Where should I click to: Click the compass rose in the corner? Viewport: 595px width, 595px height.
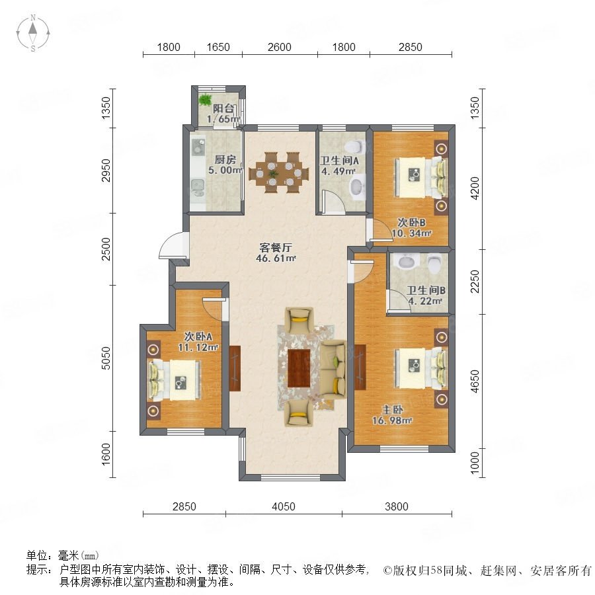coord(33,33)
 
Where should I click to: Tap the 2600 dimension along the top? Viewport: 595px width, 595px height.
coord(279,47)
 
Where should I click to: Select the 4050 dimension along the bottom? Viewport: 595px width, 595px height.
coord(284,506)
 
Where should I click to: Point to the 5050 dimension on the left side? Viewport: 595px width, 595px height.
coord(106,358)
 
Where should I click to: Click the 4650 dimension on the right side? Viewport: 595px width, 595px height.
coord(475,381)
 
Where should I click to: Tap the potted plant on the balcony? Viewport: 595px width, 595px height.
coord(205,99)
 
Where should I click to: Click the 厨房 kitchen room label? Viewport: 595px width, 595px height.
coord(225,160)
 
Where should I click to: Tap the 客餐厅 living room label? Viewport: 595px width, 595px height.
coord(276,248)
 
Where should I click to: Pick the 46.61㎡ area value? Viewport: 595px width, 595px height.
coord(276,258)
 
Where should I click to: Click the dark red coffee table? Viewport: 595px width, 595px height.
coord(299,368)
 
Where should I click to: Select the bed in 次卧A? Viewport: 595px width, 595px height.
coord(174,380)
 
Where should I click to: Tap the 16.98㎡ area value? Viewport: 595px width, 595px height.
coord(392,420)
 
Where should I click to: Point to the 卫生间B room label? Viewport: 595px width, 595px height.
coord(426,291)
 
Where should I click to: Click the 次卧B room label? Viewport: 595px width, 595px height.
coord(411,222)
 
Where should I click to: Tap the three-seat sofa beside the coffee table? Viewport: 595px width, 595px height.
coord(333,369)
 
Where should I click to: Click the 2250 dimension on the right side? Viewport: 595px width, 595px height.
coord(475,282)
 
